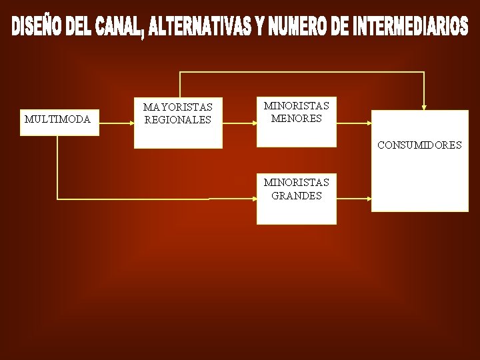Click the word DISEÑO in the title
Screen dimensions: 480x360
pyautogui.click(x=39, y=27)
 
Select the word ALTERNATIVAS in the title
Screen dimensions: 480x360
pyautogui.click(x=198, y=27)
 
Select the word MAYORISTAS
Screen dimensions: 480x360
pyautogui.click(x=178, y=107)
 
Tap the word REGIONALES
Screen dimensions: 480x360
pyautogui.click(x=177, y=120)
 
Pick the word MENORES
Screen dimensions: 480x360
pyautogui.click(x=296, y=118)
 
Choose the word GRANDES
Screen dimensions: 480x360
pyautogui.click(x=297, y=196)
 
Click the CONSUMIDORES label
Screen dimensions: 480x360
pyautogui.click(x=419, y=145)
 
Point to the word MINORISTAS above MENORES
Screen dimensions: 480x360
pyautogui.click(x=296, y=105)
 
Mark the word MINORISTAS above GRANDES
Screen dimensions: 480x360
pyautogui.click(x=296, y=183)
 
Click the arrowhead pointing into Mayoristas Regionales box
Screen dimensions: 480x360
pyautogui.click(x=131, y=122)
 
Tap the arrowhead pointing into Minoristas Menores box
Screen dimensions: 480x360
pyautogui.click(x=254, y=122)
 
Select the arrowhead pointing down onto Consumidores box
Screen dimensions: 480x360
pyautogui.click(x=424, y=107)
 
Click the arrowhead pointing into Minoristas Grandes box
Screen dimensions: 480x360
pyautogui.click(x=254, y=198)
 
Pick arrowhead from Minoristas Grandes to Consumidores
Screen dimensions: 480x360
pyautogui.click(x=369, y=198)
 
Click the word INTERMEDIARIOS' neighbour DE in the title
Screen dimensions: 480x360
pyautogui.click(x=339, y=27)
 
